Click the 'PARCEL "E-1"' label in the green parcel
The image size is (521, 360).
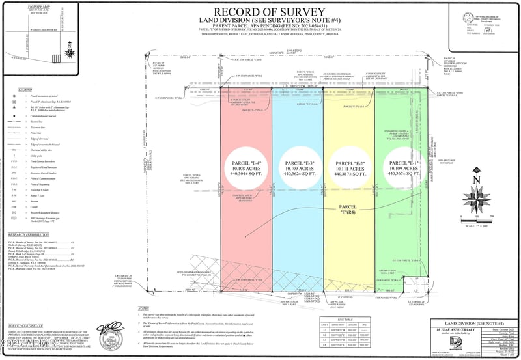[x=402, y=162]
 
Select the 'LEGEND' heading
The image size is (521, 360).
[x=25, y=89]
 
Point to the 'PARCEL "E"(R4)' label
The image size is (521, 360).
[x=351, y=207]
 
